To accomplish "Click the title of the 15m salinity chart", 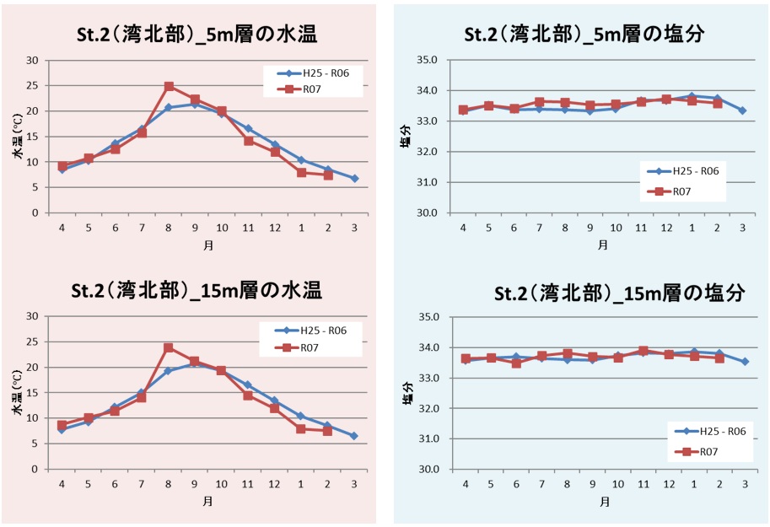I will click(x=620, y=293).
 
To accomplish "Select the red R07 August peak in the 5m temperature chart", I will click(x=169, y=86).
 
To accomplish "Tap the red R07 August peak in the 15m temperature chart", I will click(x=169, y=347).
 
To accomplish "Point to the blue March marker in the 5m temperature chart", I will click(x=355, y=178).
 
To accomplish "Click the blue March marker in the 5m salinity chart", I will click(x=742, y=110).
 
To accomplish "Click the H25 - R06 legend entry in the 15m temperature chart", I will click(x=313, y=331).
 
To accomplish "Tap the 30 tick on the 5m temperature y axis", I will click(x=33, y=60).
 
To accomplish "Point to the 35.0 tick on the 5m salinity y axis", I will click(x=428, y=60).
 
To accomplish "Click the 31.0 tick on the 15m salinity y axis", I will click(x=431, y=438).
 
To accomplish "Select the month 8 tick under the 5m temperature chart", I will click(x=169, y=228).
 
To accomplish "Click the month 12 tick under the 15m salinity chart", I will click(x=670, y=484).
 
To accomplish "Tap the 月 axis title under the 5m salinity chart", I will click(x=602, y=245).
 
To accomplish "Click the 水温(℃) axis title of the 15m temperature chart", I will click(x=16, y=392).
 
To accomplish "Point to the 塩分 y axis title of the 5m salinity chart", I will click(x=406, y=137).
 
